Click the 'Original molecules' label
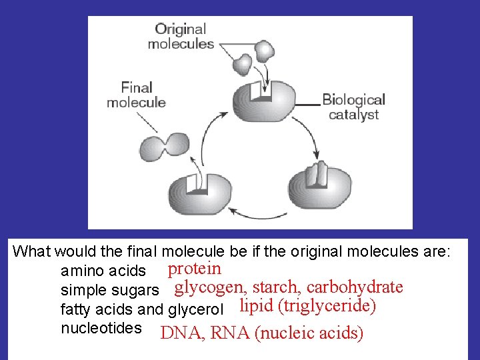(x=181, y=37)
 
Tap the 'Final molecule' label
(x=136, y=95)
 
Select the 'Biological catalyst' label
(x=353, y=107)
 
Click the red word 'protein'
(x=194, y=269)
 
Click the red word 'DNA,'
(x=183, y=333)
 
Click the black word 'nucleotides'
(x=101, y=328)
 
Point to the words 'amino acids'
(x=103, y=271)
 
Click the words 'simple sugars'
(x=109, y=291)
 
